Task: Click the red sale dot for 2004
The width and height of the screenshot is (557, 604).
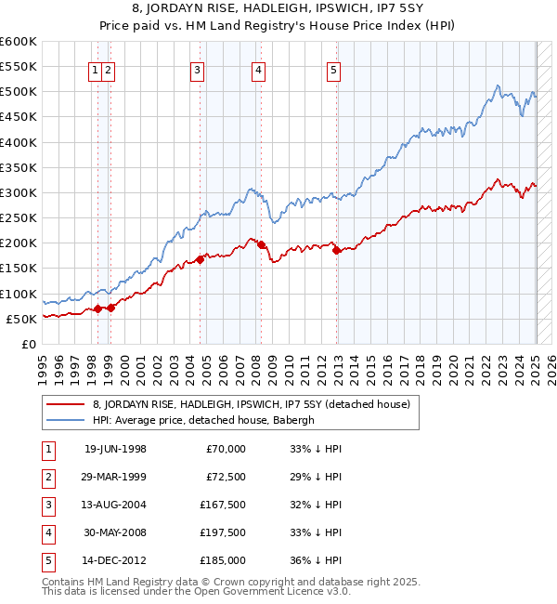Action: pyautogui.click(x=201, y=259)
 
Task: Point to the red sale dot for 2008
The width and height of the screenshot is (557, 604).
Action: pyautogui.click(x=262, y=244)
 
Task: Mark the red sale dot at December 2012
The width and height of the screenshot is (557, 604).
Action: pyautogui.click(x=336, y=251)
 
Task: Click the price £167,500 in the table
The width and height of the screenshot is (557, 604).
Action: pyautogui.click(x=223, y=506)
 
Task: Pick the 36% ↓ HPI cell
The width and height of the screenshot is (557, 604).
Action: pyautogui.click(x=316, y=560)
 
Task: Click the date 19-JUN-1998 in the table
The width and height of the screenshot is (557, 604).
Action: pyautogui.click(x=115, y=450)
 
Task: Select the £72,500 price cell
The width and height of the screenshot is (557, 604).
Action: pyautogui.click(x=226, y=478)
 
